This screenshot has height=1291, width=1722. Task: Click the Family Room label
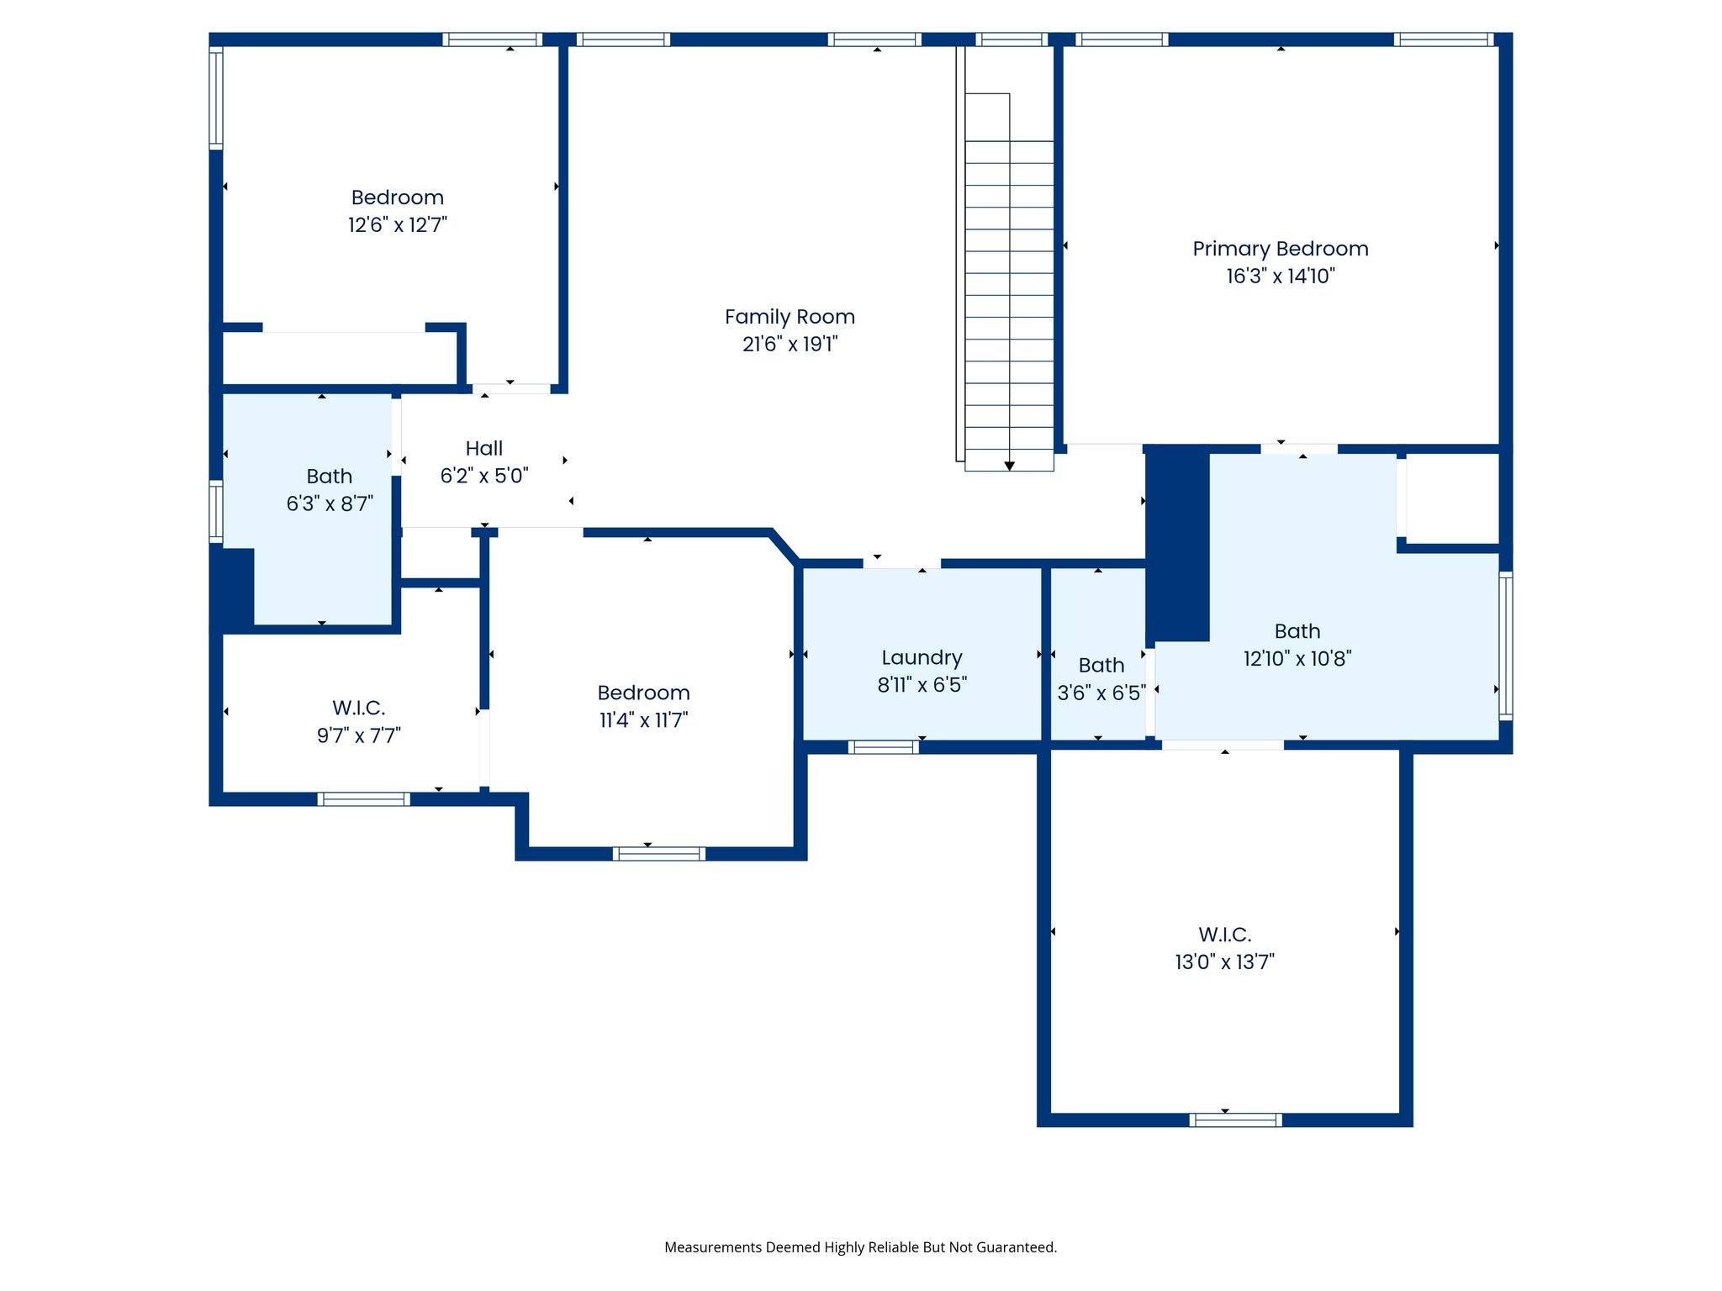(x=790, y=317)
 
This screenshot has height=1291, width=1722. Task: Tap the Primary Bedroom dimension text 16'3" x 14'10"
(x=1280, y=276)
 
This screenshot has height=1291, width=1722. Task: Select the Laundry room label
(x=922, y=657)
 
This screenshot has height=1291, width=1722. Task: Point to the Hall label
(x=484, y=448)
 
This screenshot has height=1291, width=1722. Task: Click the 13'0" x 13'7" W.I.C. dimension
(x=1224, y=962)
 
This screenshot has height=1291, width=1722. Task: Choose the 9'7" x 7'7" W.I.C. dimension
(x=359, y=735)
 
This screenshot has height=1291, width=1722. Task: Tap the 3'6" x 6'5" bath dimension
(x=1101, y=693)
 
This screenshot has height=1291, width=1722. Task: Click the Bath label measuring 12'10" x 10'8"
(x=1297, y=631)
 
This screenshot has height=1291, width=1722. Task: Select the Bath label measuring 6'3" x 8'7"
(x=329, y=477)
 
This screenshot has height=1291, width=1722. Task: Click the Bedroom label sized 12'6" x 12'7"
(x=397, y=198)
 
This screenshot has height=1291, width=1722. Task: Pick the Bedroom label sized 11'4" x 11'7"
(x=643, y=693)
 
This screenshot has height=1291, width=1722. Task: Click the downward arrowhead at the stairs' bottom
(x=1009, y=466)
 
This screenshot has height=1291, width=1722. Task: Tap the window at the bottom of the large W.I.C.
(x=1235, y=1120)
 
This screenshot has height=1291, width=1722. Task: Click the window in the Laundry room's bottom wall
(x=883, y=747)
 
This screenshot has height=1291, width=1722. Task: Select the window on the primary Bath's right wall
(x=1505, y=645)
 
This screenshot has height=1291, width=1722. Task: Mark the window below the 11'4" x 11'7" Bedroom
(x=658, y=854)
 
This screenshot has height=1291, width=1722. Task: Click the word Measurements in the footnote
(x=713, y=1247)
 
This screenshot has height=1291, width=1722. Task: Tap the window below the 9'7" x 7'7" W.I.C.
(x=363, y=799)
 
